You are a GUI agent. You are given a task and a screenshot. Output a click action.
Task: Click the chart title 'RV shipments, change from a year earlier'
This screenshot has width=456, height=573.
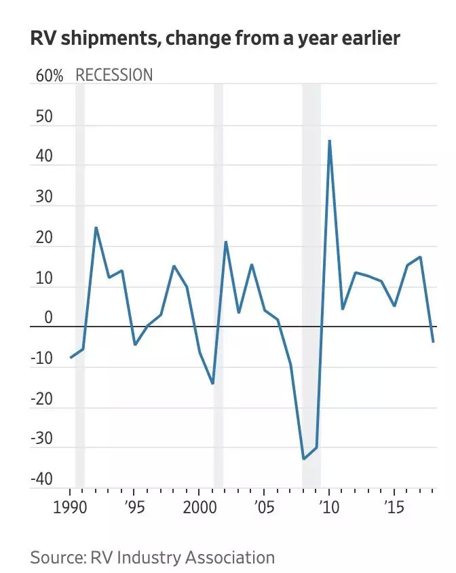click(215, 39)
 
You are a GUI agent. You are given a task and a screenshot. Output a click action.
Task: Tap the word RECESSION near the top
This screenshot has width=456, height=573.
click(114, 75)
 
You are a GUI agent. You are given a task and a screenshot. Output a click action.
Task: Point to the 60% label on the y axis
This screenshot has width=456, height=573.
click(50, 75)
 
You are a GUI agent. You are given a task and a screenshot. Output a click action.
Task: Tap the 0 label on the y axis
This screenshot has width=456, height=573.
click(47, 317)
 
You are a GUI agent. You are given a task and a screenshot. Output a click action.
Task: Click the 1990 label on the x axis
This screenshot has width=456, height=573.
click(70, 508)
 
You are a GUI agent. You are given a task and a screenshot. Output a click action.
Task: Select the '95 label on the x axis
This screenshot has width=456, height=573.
click(134, 508)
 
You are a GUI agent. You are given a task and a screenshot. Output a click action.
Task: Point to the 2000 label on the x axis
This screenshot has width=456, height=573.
click(199, 508)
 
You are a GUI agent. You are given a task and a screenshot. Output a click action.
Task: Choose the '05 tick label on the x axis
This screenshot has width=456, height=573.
click(264, 508)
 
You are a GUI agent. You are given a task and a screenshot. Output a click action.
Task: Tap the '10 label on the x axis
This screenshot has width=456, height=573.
click(328, 508)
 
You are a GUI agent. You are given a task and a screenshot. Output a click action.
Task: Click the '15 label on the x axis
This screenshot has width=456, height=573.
click(393, 508)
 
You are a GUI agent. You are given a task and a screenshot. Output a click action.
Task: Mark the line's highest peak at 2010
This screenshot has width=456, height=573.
click(329, 141)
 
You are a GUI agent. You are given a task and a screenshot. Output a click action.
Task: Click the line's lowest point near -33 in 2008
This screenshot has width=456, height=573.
click(303, 459)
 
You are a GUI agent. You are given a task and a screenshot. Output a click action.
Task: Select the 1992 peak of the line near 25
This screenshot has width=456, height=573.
click(96, 227)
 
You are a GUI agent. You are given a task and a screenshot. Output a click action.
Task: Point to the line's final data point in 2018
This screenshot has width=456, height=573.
click(433, 341)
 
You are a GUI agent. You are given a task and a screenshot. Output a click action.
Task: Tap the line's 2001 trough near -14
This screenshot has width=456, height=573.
click(212, 384)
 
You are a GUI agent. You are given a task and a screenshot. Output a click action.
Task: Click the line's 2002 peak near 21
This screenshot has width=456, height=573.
click(225, 242)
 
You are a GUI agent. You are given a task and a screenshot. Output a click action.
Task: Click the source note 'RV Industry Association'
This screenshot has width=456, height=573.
click(181, 558)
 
